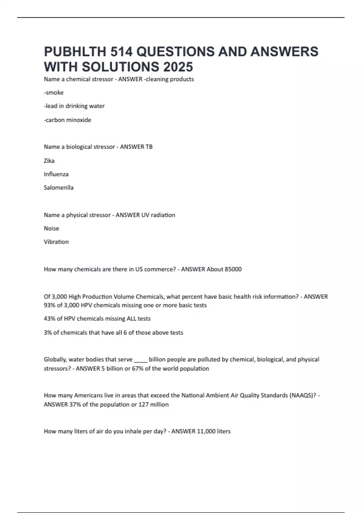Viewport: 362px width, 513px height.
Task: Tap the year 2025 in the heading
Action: [x=177, y=67]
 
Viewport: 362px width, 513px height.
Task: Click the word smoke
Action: [x=54, y=93]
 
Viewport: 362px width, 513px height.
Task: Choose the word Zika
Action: [x=49, y=161]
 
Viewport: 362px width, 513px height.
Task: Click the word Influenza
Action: [x=56, y=174]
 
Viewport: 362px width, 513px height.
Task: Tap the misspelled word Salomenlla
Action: [x=59, y=187]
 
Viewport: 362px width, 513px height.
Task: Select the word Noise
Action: [x=51, y=228]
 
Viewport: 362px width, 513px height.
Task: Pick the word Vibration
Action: [x=56, y=242]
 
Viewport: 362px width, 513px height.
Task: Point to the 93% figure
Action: [x=49, y=305]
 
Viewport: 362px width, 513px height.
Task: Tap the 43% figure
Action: [x=49, y=319]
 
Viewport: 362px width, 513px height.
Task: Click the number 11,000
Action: [x=206, y=431]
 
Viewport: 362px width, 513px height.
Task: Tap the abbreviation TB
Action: [x=149, y=147]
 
